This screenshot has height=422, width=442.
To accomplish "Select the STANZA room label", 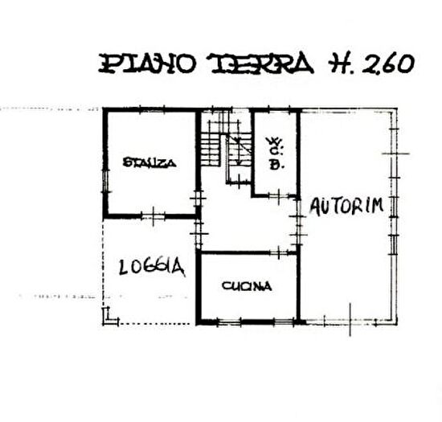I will click(149, 163).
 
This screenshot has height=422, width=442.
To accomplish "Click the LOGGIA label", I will click(153, 267).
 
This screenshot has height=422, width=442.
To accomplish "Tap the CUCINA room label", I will click(247, 285).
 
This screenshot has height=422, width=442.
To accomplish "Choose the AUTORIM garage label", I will click(346, 205).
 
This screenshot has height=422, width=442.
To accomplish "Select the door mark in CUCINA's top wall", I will click(274, 253).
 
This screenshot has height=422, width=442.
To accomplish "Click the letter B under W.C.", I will click(276, 165).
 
